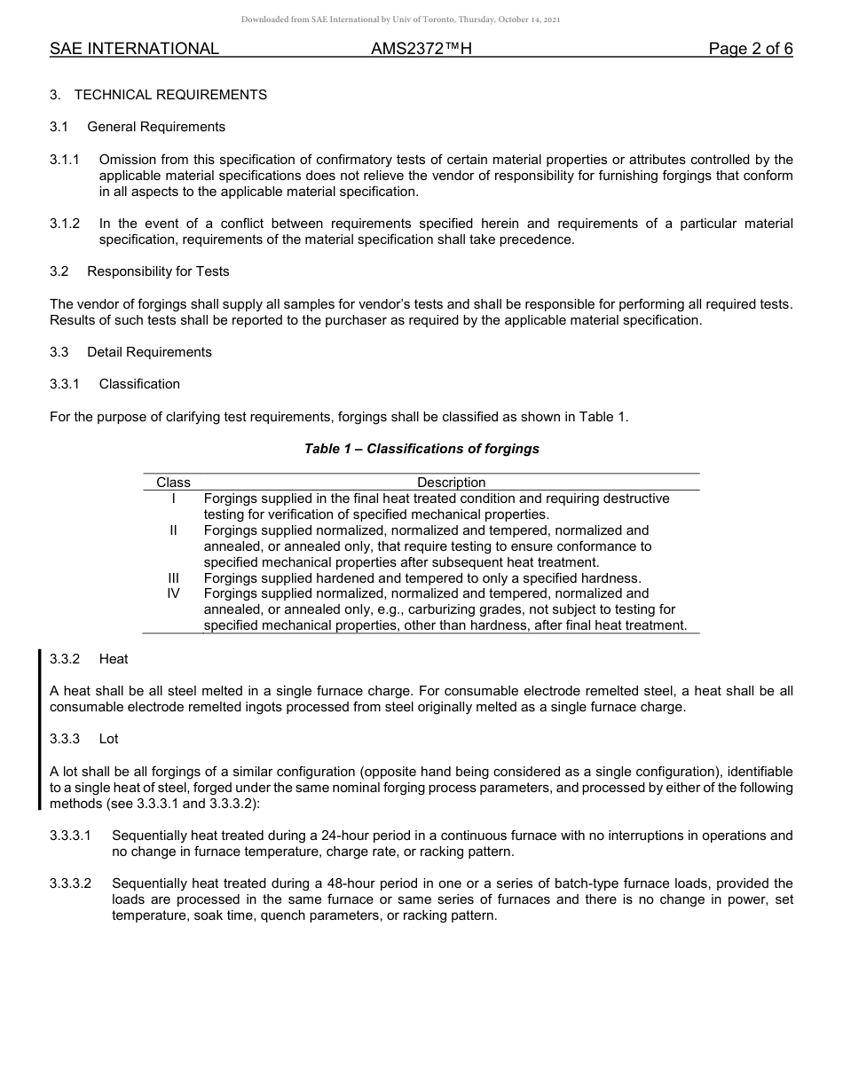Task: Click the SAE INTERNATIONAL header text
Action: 134,49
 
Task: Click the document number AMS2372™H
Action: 421,49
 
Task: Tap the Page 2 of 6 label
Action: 750,49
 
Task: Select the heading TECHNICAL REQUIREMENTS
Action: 170,95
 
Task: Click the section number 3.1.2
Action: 65,224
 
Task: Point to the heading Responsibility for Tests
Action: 158,272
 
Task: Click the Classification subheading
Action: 139,384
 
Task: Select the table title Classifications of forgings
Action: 421,449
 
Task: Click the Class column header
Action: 173,483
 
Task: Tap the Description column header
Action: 451,483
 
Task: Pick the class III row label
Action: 174,578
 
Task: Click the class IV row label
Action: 174,593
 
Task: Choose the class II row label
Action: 174,530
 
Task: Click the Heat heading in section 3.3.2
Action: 114,659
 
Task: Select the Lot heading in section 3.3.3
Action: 108,739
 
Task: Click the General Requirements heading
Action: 156,127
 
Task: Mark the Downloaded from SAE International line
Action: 400,20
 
